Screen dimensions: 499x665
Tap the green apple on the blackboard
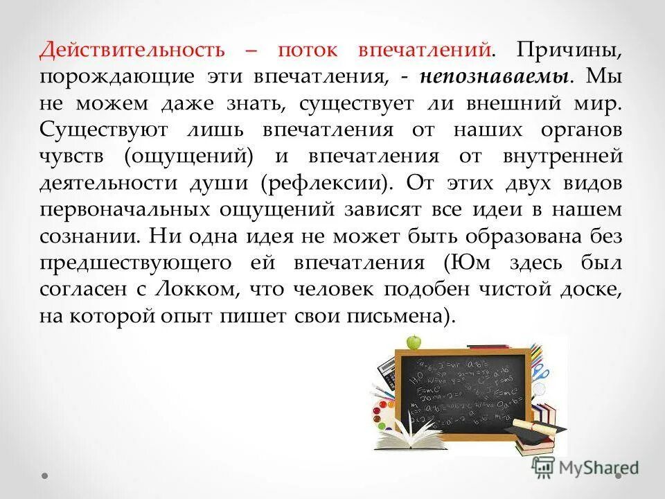coord(414,341)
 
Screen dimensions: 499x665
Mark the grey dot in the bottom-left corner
coord(45,477)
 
